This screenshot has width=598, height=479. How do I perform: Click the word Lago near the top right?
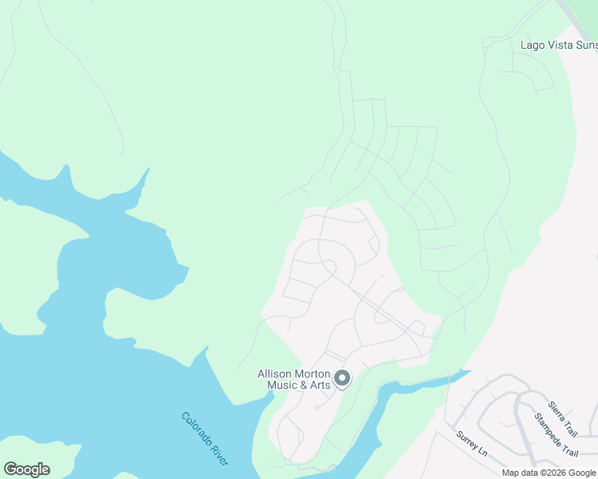(x=533, y=45)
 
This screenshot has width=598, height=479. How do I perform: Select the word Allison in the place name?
(x=274, y=374)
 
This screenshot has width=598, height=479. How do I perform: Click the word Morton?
(x=311, y=374)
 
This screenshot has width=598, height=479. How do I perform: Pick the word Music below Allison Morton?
(x=281, y=386)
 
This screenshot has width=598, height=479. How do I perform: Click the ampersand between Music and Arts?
(x=302, y=386)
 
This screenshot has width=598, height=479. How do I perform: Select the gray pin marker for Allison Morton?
(x=342, y=378)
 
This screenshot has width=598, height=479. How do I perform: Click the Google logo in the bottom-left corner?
(x=26, y=469)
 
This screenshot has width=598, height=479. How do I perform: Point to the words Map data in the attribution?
(x=519, y=473)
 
